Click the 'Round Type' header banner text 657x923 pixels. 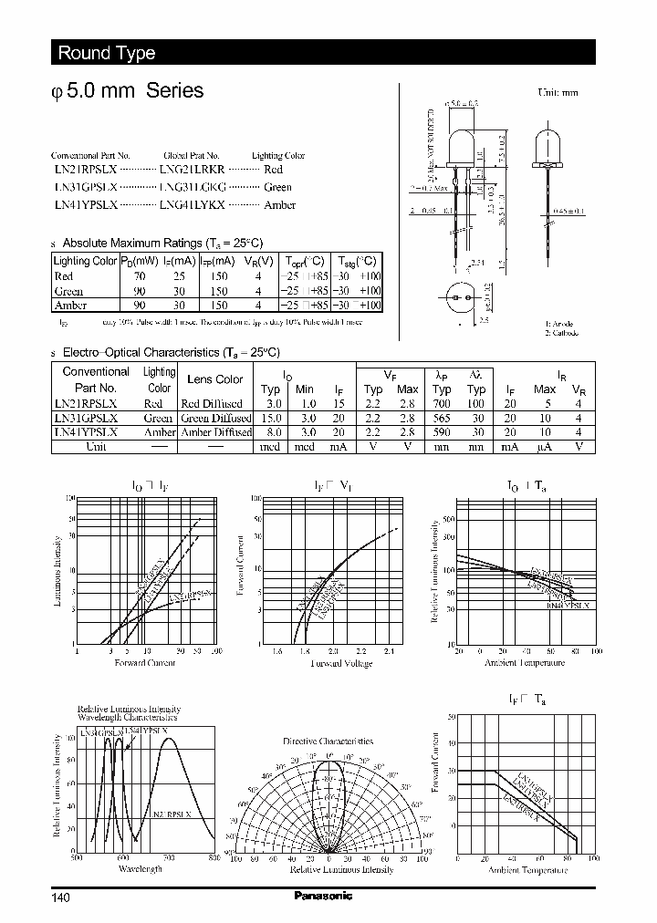click(x=107, y=53)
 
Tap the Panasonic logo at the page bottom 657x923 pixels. click(x=322, y=896)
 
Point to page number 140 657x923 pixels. click(x=60, y=897)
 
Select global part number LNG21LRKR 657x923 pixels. click(x=192, y=170)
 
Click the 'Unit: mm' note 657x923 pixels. click(x=558, y=92)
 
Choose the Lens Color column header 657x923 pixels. click(x=214, y=379)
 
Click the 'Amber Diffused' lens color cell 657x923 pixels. click(x=215, y=432)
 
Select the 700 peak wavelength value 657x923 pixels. click(x=443, y=403)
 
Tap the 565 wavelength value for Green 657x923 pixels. click(x=443, y=418)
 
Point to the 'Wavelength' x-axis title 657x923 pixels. click(x=141, y=868)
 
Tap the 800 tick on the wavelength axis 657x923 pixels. click(x=214, y=857)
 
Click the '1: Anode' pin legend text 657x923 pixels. click(x=560, y=324)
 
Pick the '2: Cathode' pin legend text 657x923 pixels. click(x=563, y=333)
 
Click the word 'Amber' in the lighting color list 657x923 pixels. click(x=279, y=205)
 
